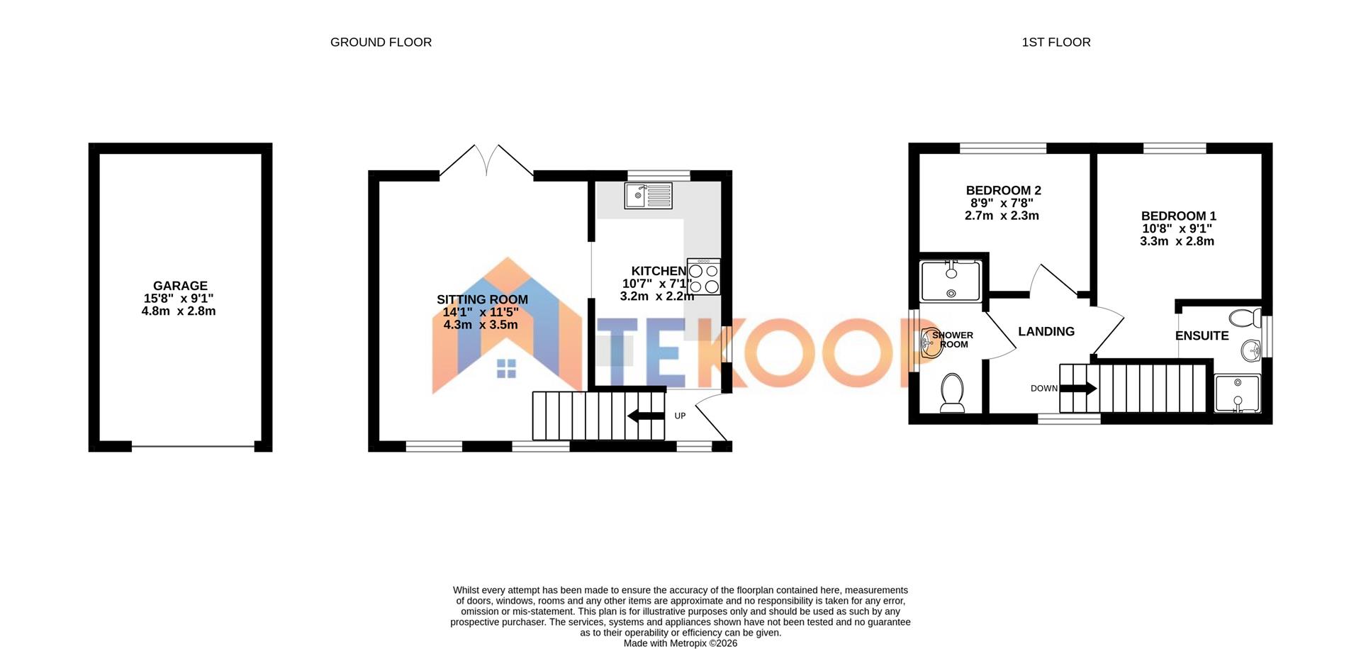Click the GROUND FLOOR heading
381,43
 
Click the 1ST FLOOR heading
1055,43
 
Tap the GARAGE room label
180,286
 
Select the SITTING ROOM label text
482,299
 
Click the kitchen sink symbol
648,195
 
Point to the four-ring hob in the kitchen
703,278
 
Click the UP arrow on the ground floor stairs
646,416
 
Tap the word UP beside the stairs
680,416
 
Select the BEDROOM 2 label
1003,190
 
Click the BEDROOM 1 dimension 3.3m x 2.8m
1177,241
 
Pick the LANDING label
1046,331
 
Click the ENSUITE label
1202,335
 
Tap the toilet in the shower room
952,392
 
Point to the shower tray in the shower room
951,281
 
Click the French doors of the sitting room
486,162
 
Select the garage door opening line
193,447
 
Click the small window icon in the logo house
506,368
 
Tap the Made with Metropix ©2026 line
680,643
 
